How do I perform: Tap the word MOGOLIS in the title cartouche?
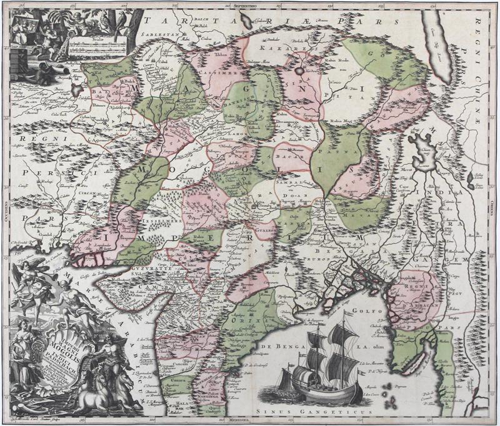tap(60, 345)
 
